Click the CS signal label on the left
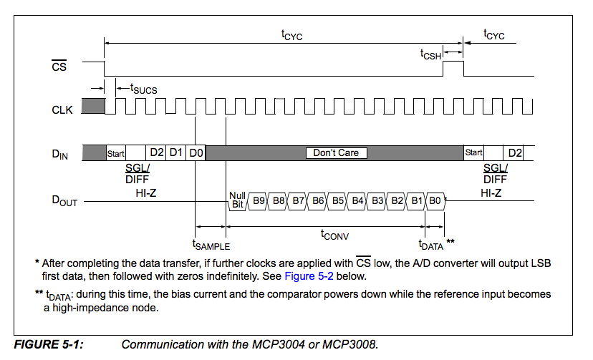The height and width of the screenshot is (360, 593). pyautogui.click(x=59, y=67)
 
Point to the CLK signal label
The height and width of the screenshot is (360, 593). pyautogui.click(x=62, y=110)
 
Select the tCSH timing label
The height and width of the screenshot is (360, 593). pyautogui.click(x=430, y=53)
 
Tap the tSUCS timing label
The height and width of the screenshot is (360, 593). pyautogui.click(x=143, y=88)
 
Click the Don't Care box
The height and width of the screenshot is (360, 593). pyautogui.click(x=336, y=152)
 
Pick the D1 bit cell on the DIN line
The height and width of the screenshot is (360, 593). pyautogui.click(x=176, y=152)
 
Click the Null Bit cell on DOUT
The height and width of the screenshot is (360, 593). pyautogui.click(x=237, y=200)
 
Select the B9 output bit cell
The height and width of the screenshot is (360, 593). pyautogui.click(x=259, y=201)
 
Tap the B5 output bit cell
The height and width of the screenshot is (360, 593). pyautogui.click(x=338, y=201)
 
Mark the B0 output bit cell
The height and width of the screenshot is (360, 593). pyautogui.click(x=435, y=201)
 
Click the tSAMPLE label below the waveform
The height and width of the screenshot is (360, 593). pyautogui.click(x=211, y=245)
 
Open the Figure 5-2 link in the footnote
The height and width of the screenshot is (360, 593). pyautogui.click(x=309, y=276)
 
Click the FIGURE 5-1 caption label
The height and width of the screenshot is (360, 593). pyautogui.click(x=49, y=344)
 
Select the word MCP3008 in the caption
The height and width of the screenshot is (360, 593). pyautogui.click(x=352, y=344)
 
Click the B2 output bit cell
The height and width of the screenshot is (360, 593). pyautogui.click(x=397, y=201)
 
